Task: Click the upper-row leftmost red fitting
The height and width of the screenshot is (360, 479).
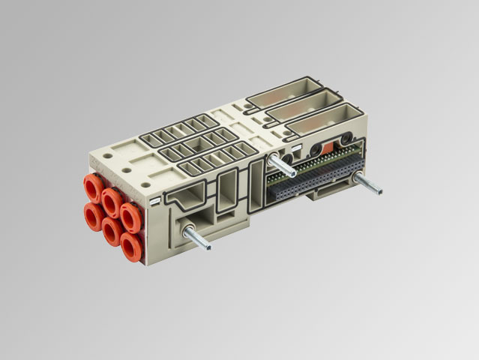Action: (x=94, y=187)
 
